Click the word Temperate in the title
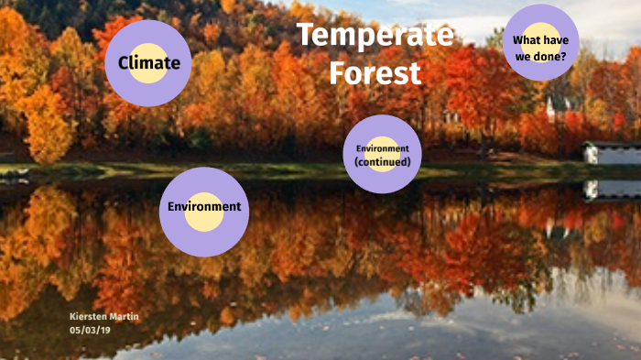tap(375, 37)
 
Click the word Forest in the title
tap(375, 71)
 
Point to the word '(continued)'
tap(383, 162)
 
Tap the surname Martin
tap(125, 316)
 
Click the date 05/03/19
tap(89, 329)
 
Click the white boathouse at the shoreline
tap(611, 152)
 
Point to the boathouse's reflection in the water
tap(611, 191)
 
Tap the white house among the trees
tap(556, 107)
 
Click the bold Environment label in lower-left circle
tap(204, 207)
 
